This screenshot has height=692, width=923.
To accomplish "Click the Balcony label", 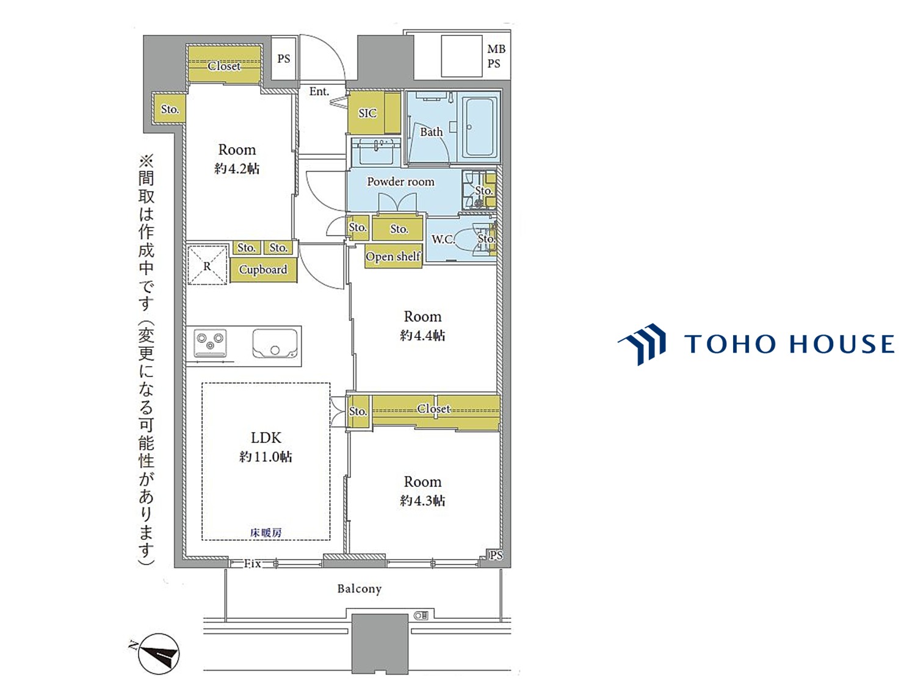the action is (x=359, y=589).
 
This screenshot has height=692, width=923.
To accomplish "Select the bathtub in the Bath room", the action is (x=479, y=127).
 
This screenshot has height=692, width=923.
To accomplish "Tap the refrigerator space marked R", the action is (x=208, y=265).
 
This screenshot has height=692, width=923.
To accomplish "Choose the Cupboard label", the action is (x=263, y=269).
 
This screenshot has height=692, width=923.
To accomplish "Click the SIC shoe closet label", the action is (x=367, y=113).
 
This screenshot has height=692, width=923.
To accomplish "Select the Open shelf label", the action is (x=393, y=256).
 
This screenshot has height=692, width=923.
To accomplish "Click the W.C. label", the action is (x=443, y=239).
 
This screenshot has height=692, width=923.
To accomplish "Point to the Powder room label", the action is (x=400, y=181).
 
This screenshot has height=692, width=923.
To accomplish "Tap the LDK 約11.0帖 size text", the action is (x=266, y=447).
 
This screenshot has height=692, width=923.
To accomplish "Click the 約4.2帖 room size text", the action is (x=237, y=168).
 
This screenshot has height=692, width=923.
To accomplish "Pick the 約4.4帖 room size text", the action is (x=422, y=335).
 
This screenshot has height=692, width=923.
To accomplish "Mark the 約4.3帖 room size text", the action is (x=422, y=500).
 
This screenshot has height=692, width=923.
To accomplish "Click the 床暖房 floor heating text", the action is (x=266, y=533).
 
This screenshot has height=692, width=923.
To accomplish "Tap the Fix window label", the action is (x=252, y=563).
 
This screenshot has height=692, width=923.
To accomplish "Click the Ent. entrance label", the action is (x=319, y=91).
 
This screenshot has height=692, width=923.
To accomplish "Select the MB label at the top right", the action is (x=496, y=49).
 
